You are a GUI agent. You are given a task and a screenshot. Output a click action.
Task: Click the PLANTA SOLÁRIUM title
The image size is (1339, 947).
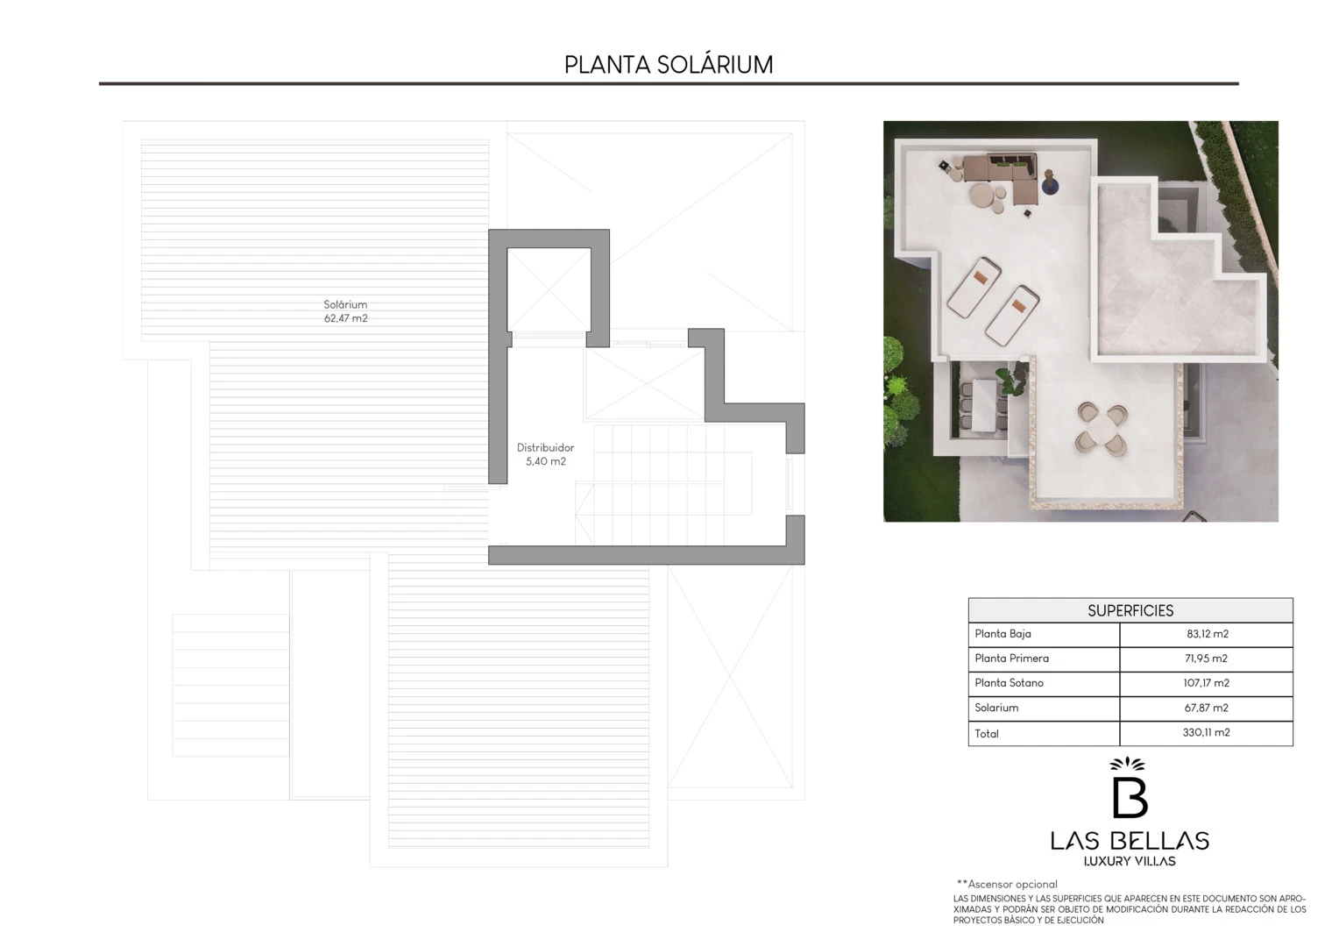pos(669,65)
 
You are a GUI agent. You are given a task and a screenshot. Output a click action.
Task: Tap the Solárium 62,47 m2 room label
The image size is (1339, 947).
pos(345,311)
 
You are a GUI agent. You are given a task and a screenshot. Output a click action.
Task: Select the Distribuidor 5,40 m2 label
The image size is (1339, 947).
pos(545,454)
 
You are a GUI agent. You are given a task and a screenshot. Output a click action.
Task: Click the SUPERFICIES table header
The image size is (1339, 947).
pos(1130,610)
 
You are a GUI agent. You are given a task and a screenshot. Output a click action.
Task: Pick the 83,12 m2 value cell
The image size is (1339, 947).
pos(1207,634)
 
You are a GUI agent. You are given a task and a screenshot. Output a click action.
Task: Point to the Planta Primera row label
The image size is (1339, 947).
pos(1011,658)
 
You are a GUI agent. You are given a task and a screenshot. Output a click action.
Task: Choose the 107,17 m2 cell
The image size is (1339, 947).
pos(1206,682)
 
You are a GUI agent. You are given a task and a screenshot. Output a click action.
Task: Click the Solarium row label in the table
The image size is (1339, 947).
pos(995,708)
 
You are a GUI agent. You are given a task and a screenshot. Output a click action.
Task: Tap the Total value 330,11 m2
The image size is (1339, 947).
pos(1206,732)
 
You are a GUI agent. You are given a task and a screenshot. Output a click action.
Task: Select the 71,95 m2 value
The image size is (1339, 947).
pos(1206,658)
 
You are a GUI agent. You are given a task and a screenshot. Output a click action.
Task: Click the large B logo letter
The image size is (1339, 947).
pos(1130,797)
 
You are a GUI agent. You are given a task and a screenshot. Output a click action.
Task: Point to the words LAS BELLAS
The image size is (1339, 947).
pos(1130,841)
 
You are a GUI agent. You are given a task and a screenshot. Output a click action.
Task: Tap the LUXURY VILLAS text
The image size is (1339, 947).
pos(1130,861)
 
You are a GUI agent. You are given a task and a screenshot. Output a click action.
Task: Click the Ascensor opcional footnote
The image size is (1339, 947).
pos(1007,884)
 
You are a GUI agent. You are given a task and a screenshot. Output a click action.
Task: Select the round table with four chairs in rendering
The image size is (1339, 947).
pos(1102,429)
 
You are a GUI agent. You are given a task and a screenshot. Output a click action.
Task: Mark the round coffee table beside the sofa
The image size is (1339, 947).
pos(981,195)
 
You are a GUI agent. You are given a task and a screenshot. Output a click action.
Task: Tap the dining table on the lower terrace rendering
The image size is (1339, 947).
pos(982,405)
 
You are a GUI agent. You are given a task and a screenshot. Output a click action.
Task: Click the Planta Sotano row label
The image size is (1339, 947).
pos(1009,682)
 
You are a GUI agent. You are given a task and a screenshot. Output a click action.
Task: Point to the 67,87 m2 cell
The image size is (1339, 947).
pos(1206,708)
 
